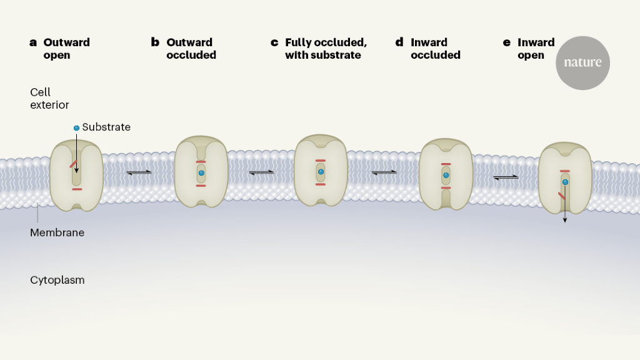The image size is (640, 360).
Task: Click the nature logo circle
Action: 582,62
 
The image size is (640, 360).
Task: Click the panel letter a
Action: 33,42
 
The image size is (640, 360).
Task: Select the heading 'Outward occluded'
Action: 191,49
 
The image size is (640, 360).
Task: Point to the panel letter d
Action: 399,42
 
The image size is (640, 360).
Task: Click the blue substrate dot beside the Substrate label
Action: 76,127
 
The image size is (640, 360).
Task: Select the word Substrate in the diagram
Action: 106,127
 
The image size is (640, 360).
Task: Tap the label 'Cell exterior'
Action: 49,99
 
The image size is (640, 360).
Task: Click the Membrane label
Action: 57,232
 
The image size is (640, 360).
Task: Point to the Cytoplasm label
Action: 57,280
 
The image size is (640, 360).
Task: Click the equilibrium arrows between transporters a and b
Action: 139,172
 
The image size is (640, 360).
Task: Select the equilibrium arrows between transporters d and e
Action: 506,177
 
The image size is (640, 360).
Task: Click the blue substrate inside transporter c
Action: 321,171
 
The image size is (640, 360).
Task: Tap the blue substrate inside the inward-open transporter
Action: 565,182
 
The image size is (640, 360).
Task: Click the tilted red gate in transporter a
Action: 73,164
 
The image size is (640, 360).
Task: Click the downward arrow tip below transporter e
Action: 565,221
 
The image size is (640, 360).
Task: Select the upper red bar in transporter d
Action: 446,164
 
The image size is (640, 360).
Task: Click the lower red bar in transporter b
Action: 201,186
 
